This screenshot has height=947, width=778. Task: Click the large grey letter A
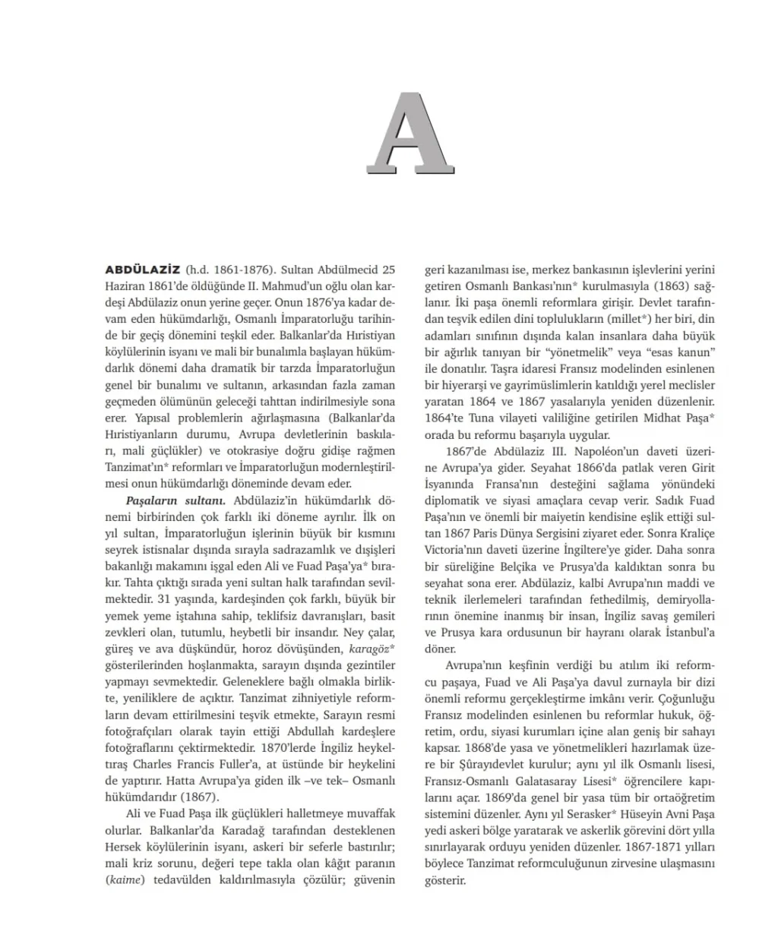(408, 134)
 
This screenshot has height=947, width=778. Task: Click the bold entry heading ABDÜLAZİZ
(142, 270)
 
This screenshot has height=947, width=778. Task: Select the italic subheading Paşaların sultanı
(176, 500)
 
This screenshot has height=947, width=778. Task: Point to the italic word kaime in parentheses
(125, 880)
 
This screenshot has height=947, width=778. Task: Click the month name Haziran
(125, 286)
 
